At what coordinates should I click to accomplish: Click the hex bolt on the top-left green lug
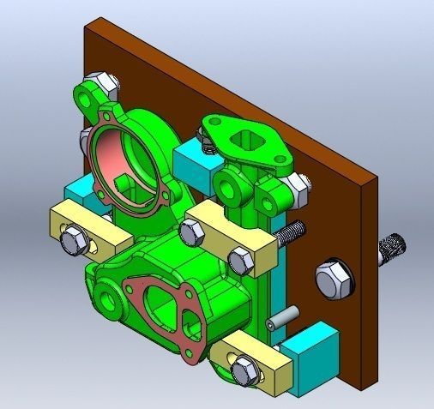[x=108, y=84]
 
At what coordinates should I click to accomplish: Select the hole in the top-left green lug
[x=88, y=94]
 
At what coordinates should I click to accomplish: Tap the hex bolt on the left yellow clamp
[x=73, y=241]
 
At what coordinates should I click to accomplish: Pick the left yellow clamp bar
[x=89, y=230]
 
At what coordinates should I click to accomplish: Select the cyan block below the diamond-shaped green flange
[x=192, y=167]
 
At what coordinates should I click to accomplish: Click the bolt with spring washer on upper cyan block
[x=209, y=141]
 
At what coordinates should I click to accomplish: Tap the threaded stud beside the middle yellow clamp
[x=292, y=231]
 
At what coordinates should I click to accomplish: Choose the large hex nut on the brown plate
[x=333, y=279]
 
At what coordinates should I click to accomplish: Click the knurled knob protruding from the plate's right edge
[x=393, y=248]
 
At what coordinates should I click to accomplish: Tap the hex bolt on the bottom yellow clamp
[x=244, y=370]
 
